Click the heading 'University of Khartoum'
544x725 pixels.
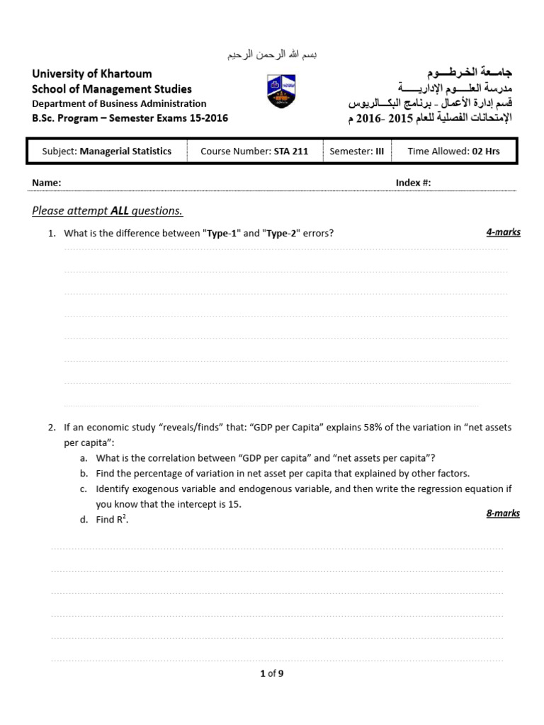coord(92,74)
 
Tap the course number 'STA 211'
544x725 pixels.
coord(291,151)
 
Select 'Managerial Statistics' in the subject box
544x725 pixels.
coord(125,151)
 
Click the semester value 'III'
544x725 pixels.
coord(379,151)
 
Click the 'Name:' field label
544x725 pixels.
coord(47,183)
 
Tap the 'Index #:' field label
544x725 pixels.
coord(413,183)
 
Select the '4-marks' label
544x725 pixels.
coord(503,232)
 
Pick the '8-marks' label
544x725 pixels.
coord(503,513)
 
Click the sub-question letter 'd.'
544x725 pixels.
coord(84,520)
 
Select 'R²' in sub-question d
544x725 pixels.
coord(121,520)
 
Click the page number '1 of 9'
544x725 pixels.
coord(272,673)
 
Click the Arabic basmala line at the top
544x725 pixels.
coord(272,55)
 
